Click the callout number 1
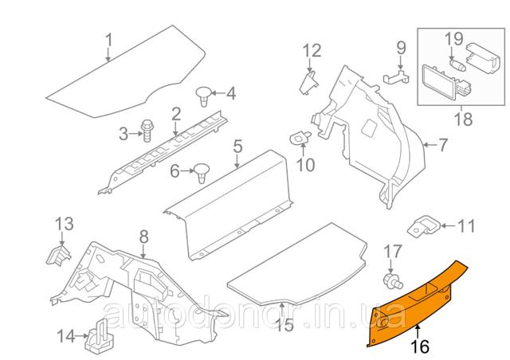[x=109, y=41]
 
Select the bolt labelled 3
[x=147, y=131]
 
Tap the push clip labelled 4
[x=204, y=96]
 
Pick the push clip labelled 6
[x=202, y=173]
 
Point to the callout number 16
[x=420, y=346]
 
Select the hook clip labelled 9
[x=396, y=76]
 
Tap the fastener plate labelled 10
[x=300, y=137]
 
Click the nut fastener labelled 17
[x=392, y=281]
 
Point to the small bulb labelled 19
[x=457, y=64]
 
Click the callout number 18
[x=463, y=119]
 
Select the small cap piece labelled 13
[x=59, y=256]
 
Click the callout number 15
[x=284, y=324]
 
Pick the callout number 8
[x=143, y=237]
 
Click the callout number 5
[x=237, y=147]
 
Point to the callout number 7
[x=443, y=145]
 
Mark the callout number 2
[x=175, y=115]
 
